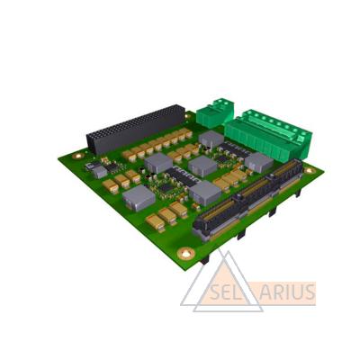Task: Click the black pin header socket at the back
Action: point(136,129)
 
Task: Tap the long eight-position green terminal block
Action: point(267,135)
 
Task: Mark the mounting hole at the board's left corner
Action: point(78,156)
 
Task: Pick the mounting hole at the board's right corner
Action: point(310,170)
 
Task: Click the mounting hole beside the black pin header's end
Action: point(188,115)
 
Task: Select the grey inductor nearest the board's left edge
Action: point(139,197)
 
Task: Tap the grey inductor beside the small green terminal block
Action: point(211,139)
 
